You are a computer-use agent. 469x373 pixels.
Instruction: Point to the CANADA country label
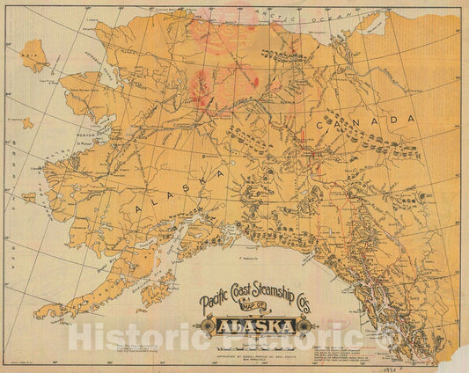pos(373,118)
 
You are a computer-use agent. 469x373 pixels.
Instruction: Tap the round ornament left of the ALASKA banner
pos(199,332)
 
